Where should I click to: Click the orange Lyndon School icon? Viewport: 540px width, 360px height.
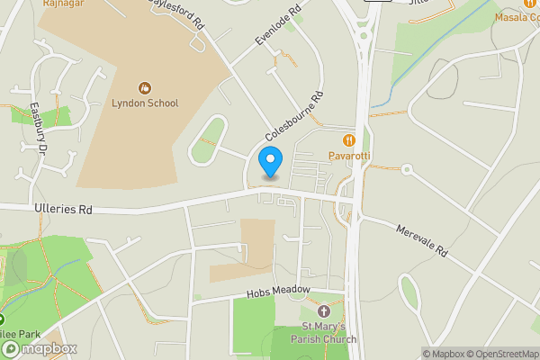(x=144, y=87)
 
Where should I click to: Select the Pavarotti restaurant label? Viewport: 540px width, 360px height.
(x=350, y=157)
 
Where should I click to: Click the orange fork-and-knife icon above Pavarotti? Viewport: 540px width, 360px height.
(x=349, y=140)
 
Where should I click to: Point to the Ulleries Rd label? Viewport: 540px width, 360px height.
(x=62, y=209)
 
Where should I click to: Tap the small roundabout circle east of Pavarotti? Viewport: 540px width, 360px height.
(x=407, y=168)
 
